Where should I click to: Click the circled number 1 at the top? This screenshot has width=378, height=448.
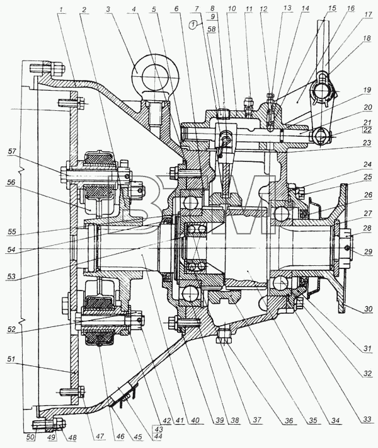[193, 25]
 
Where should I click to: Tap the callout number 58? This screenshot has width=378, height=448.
[212, 29]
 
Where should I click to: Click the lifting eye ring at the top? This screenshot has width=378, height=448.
[154, 77]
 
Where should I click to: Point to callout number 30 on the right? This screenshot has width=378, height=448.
[369, 309]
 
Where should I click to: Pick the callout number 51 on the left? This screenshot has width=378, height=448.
[11, 359]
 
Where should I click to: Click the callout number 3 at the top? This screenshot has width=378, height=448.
[108, 9]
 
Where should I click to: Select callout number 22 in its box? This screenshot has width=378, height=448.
[367, 130]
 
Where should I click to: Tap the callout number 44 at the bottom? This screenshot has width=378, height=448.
[157, 437]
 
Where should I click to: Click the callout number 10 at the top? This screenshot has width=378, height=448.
[232, 9]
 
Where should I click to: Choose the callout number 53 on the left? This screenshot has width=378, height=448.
[11, 277]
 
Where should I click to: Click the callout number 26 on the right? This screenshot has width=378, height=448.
[369, 195]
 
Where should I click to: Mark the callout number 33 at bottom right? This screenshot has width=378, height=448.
[367, 419]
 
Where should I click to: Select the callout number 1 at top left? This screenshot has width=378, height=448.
[61, 9]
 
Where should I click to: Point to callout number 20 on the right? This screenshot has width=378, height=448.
[368, 107]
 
